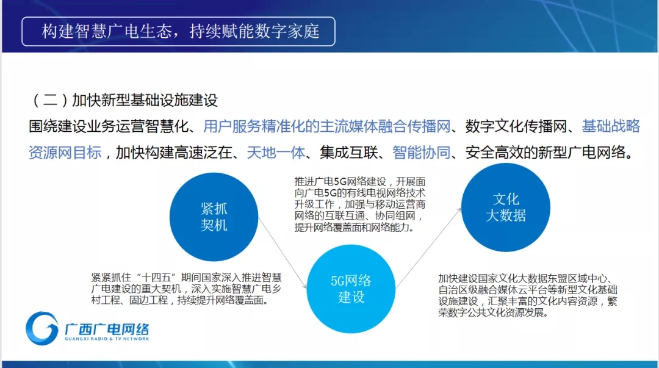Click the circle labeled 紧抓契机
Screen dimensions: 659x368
pos(214,217)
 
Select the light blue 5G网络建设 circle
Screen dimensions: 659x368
pos(351,289)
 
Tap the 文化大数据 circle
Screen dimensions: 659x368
pos(506,207)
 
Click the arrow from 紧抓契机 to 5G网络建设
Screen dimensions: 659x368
pos(283,253)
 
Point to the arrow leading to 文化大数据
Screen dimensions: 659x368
pos(428,248)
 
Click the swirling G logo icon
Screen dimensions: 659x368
pos(41,328)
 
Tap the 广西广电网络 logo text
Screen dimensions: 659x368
pos(107,329)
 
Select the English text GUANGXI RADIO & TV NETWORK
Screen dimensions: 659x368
pos(107,339)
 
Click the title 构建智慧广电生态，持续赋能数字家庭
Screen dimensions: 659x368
pos(181,32)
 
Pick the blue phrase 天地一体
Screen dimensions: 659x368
pos(276,152)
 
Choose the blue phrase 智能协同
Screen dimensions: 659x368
pos(421,152)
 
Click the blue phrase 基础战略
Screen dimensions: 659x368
pos(611,126)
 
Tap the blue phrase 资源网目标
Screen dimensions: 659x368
pos(65,152)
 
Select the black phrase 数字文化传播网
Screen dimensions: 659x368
pos(516,126)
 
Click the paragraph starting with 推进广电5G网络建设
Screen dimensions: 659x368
pos(360,204)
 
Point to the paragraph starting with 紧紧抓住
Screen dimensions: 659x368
pos(186,289)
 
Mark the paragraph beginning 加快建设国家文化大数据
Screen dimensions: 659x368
pos(527,295)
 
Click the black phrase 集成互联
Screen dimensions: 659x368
pos(348,152)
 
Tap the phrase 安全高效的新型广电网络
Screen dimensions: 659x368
pos(546,152)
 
